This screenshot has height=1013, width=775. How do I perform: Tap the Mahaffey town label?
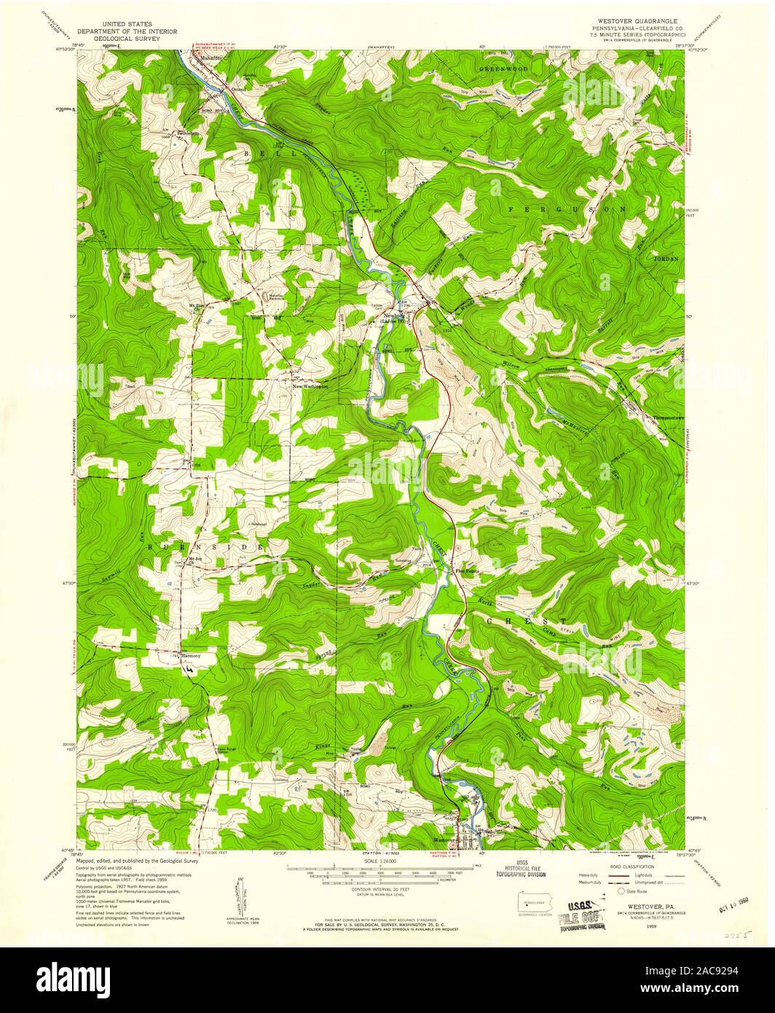[207, 54]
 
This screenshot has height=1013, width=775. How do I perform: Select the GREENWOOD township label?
[503, 69]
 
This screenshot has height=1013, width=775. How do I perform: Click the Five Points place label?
[468, 571]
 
